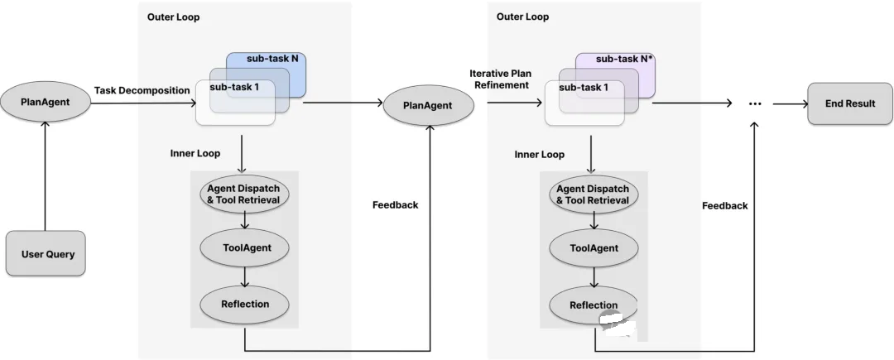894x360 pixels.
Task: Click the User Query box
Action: point(46,253)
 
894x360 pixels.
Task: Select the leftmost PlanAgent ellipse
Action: point(45,103)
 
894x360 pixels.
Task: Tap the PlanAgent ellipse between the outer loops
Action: point(429,105)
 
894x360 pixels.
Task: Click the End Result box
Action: point(850,103)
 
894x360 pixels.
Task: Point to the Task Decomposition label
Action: point(142,90)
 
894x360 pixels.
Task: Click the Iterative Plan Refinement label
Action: point(499,79)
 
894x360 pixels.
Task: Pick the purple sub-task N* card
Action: point(615,74)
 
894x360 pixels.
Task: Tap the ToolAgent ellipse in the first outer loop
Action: point(244,247)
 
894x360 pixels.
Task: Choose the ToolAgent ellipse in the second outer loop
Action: point(594,247)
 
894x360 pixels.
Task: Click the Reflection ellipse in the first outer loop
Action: point(244,305)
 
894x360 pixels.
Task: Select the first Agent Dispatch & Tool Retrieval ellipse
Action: point(244,194)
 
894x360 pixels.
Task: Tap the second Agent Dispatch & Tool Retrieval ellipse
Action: point(594,194)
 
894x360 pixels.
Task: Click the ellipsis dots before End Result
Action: point(755,104)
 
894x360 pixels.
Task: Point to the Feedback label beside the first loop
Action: point(395,205)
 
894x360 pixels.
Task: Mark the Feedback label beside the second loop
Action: point(724,205)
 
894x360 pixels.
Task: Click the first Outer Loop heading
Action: point(173,17)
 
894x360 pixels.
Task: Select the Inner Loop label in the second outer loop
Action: point(540,155)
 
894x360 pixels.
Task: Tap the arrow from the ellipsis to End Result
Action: point(791,104)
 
